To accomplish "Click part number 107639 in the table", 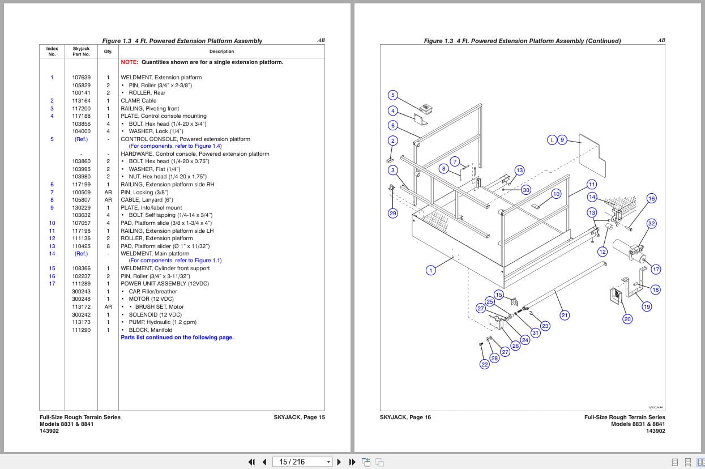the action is [x=81, y=78].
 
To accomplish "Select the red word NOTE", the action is [x=129, y=62].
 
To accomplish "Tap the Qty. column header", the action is [x=108, y=52].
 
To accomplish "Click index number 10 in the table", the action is [x=52, y=223].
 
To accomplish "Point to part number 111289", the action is [x=81, y=284].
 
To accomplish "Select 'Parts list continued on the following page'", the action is [x=177, y=338].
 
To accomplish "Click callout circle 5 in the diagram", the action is [x=393, y=95].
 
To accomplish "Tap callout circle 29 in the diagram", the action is [x=393, y=213].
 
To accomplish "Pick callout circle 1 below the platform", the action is [x=431, y=270].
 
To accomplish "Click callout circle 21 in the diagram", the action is [x=565, y=315].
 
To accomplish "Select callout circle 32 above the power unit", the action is [x=652, y=224].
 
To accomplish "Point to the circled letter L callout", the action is [x=552, y=140].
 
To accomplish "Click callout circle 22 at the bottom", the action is [x=484, y=365].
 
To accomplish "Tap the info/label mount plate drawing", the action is [x=592, y=156].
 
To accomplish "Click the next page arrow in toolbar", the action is [x=339, y=462].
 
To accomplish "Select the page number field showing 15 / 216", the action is [x=302, y=462].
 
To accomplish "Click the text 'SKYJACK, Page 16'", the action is [x=405, y=417].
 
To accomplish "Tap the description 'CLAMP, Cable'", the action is [x=139, y=101].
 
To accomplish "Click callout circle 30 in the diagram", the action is [x=526, y=190].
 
